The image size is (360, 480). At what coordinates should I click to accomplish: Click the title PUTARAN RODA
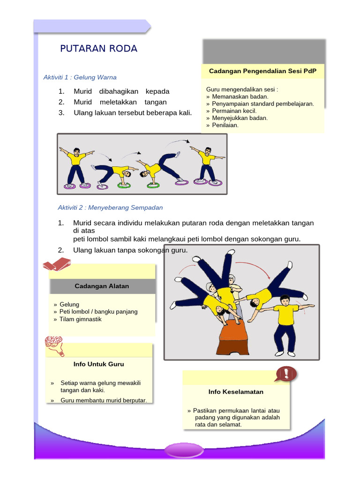click(x=98, y=49)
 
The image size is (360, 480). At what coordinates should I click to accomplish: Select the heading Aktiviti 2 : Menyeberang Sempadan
click(x=110, y=207)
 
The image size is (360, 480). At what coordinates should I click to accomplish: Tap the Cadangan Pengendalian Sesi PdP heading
click(x=262, y=71)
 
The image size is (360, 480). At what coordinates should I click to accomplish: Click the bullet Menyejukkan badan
click(x=240, y=118)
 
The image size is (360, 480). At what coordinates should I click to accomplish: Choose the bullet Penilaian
click(x=225, y=125)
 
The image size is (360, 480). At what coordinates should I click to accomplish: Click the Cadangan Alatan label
click(x=102, y=286)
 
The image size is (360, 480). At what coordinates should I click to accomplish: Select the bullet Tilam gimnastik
click(x=80, y=319)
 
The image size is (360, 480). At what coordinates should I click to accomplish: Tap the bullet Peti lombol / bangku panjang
click(x=98, y=312)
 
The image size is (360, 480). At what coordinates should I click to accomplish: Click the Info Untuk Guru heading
click(x=99, y=364)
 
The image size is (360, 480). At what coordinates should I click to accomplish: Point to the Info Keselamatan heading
click(x=236, y=391)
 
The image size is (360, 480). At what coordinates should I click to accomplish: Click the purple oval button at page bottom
click(x=184, y=451)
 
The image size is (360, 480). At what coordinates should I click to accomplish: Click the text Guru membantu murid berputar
click(x=104, y=400)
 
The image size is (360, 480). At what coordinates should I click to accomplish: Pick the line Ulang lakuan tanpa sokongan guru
click(x=130, y=250)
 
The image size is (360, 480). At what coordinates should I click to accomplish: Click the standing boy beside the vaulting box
click(x=285, y=323)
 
